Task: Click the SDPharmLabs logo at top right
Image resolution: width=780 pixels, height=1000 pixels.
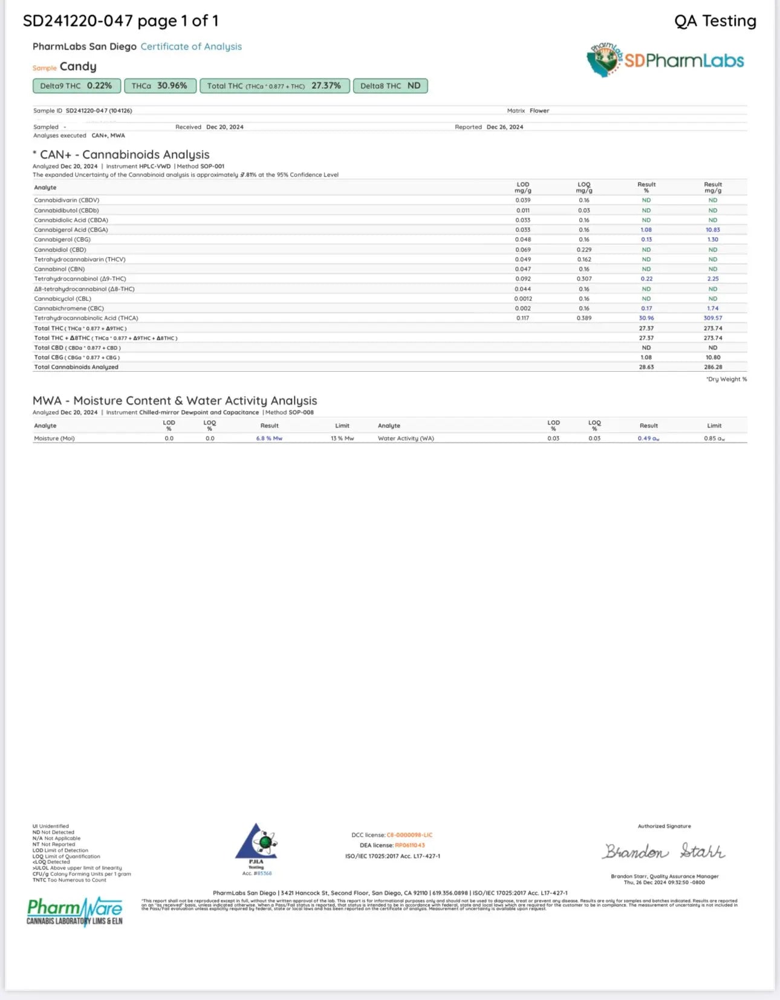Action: (665, 60)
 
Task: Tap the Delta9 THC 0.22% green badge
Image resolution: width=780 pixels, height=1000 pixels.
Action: (76, 86)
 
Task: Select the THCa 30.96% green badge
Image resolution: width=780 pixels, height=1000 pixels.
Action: (160, 86)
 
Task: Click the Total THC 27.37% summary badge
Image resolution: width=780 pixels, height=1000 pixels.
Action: (274, 86)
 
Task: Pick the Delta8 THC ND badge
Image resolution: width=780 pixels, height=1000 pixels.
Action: (390, 86)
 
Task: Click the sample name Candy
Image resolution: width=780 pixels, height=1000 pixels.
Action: (78, 67)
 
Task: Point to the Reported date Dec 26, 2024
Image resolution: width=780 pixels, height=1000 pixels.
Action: (504, 127)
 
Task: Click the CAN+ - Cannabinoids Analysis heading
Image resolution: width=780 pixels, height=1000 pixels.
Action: (125, 155)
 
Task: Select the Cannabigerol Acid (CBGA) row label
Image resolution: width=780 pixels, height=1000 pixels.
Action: (71, 230)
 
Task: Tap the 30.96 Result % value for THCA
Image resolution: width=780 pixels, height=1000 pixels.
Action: (646, 318)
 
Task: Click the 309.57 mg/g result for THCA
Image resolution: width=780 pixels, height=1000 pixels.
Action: (712, 318)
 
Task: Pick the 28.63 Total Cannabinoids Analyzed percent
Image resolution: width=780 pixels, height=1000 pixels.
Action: (646, 367)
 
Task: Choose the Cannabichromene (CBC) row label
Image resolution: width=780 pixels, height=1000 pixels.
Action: (69, 308)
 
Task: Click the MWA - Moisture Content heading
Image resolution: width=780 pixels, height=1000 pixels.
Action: (175, 401)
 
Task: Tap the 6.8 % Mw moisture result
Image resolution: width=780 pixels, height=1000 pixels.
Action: (269, 438)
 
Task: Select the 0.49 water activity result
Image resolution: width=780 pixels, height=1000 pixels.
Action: (648, 438)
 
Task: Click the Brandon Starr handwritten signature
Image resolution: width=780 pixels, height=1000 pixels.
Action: (663, 851)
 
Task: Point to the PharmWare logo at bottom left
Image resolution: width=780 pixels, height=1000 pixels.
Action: (74, 911)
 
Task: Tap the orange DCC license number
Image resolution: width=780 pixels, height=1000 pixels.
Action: (409, 835)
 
